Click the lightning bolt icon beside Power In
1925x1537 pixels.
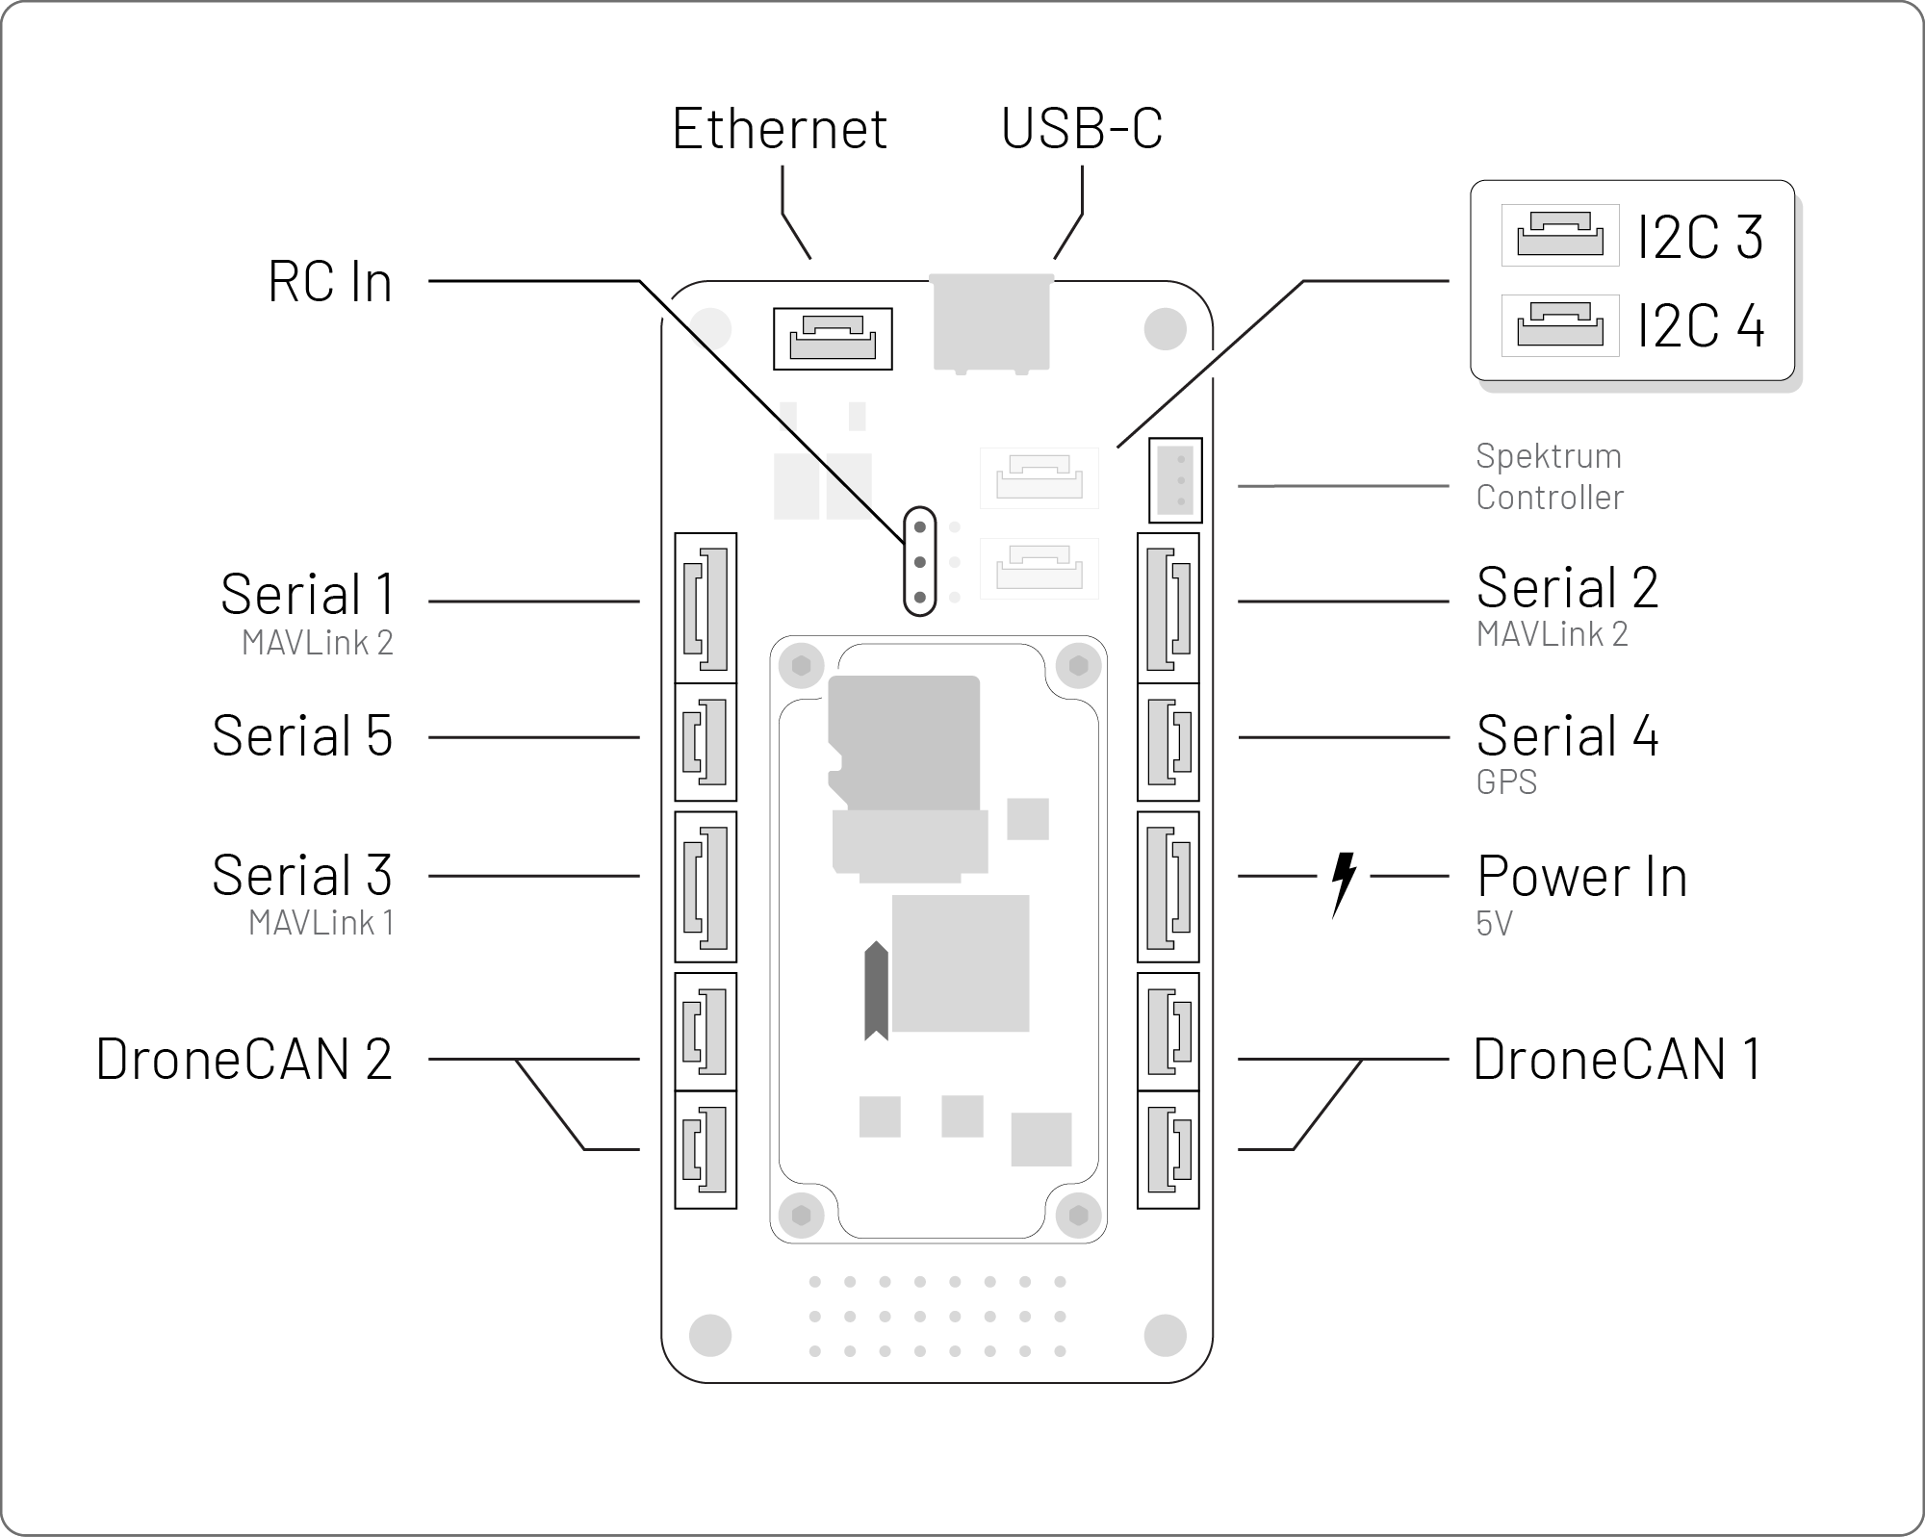tap(1343, 882)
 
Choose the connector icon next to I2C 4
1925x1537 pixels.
tap(1559, 324)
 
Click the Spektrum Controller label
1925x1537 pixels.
tap(1549, 476)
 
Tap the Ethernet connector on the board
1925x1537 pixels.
tap(833, 339)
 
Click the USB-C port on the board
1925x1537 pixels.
tap(990, 322)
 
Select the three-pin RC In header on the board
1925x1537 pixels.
tap(920, 561)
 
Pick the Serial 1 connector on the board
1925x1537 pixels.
tap(706, 608)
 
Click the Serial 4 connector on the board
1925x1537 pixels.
tap(1168, 742)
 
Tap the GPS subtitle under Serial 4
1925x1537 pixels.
tap(1505, 782)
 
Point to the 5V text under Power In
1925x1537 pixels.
tap(1493, 923)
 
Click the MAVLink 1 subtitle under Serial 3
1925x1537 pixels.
tap(321, 922)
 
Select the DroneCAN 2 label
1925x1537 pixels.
tap(244, 1059)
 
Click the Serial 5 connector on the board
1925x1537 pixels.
tap(706, 742)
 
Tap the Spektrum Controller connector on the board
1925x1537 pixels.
tap(1175, 479)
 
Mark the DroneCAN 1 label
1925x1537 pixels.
tap(1617, 1059)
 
